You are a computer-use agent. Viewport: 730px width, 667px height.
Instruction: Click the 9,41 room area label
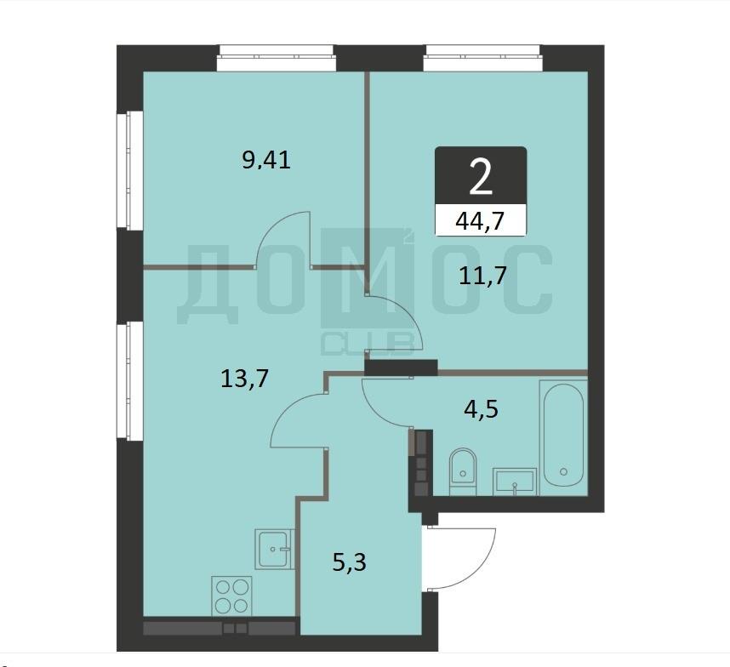[x=266, y=160]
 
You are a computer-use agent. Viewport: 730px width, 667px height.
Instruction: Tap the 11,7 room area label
[x=482, y=275]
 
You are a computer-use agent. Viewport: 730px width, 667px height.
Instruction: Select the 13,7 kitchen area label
[x=244, y=379]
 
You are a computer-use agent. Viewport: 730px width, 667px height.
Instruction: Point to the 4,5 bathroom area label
[x=482, y=409]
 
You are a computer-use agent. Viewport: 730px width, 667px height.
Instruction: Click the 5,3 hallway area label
[x=350, y=562]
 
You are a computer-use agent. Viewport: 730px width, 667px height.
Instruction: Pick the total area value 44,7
[x=481, y=220]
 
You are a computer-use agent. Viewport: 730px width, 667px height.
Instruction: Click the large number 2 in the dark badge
[x=481, y=176]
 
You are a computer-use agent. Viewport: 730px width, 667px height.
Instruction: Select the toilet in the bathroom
[x=463, y=471]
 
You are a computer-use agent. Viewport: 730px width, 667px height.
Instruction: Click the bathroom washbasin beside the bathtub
[x=515, y=482]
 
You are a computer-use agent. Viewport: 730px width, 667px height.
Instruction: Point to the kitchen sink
[x=275, y=549]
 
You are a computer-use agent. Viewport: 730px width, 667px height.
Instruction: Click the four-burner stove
[x=231, y=596]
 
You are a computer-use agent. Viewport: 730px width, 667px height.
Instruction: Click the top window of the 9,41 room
[x=276, y=58]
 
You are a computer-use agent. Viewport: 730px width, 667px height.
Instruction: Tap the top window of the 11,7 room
[x=482, y=58]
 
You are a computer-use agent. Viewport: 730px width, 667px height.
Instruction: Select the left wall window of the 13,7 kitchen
[x=129, y=380]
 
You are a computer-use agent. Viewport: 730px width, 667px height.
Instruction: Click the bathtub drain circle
[x=564, y=471]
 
